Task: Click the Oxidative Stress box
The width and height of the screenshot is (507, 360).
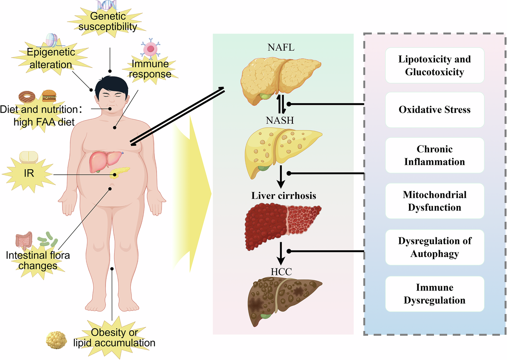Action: pyautogui.click(x=434, y=110)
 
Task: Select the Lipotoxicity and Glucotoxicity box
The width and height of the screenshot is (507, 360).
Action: pyautogui.click(x=434, y=65)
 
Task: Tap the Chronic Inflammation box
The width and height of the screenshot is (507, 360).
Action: pyautogui.click(x=434, y=155)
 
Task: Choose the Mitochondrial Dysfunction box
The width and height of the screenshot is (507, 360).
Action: pyautogui.click(x=434, y=201)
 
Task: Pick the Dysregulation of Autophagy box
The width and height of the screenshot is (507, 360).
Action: pyautogui.click(x=434, y=247)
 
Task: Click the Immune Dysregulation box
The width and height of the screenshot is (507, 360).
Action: pyautogui.click(x=434, y=294)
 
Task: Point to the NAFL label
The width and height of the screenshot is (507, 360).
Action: pyautogui.click(x=281, y=47)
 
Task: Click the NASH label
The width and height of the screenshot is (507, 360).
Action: pyautogui.click(x=280, y=121)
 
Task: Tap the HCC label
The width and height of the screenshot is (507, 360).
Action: pyautogui.click(x=281, y=272)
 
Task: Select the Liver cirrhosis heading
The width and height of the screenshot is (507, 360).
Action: pyautogui.click(x=284, y=196)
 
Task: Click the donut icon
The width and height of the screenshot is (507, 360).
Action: pyautogui.click(x=27, y=96)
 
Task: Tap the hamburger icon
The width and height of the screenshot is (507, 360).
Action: pyautogui.click(x=49, y=95)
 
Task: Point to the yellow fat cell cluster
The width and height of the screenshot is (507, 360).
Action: pyautogui.click(x=57, y=340)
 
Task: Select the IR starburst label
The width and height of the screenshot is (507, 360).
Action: pyautogui.click(x=29, y=173)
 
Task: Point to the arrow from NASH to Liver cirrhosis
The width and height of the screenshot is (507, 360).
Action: pyautogui.click(x=280, y=177)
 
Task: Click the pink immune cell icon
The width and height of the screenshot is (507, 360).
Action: pyautogui.click(x=150, y=49)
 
